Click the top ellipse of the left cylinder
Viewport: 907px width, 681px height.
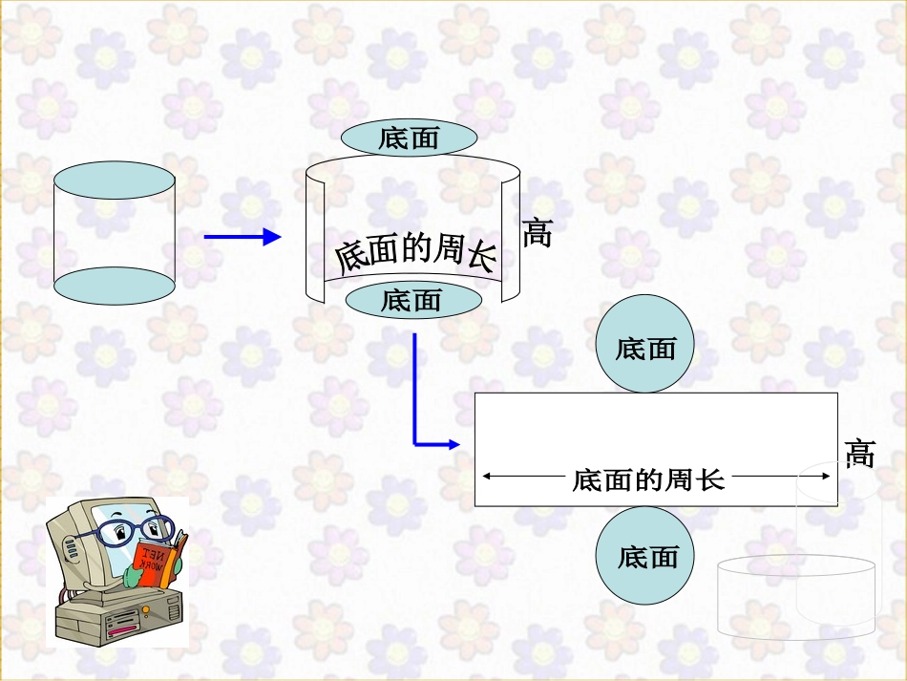tap(115, 181)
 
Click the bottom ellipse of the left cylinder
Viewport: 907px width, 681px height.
tap(115, 286)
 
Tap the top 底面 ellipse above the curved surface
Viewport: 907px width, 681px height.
tap(409, 138)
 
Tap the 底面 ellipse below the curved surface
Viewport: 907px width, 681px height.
tap(412, 301)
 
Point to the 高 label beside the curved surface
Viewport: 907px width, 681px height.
tap(538, 232)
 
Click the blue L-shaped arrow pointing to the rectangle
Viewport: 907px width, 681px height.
tap(416, 411)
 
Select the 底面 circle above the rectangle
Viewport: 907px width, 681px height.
tap(645, 345)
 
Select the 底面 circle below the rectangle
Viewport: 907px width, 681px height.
tap(645, 556)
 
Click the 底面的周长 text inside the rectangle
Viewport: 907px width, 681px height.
tap(648, 479)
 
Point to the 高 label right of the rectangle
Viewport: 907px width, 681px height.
tap(860, 453)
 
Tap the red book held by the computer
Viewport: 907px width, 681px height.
tap(158, 559)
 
